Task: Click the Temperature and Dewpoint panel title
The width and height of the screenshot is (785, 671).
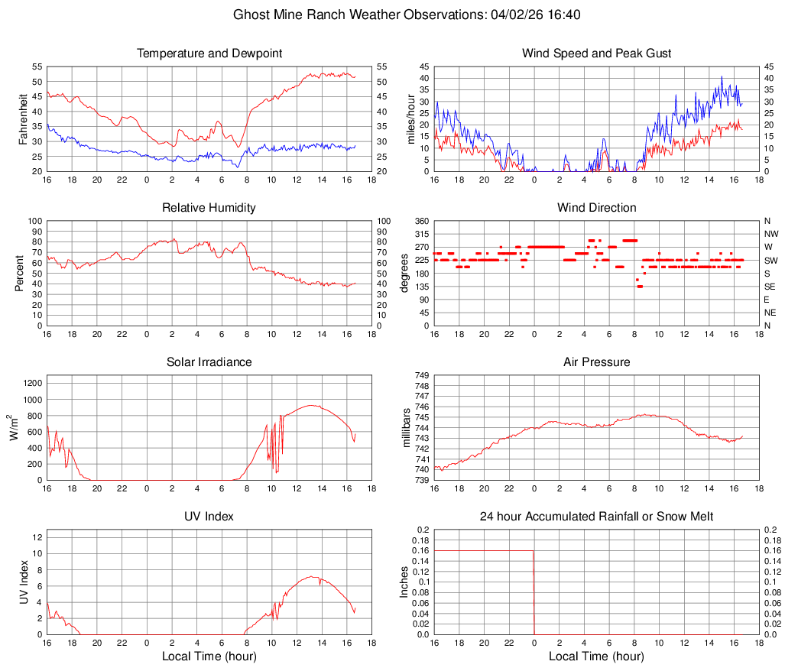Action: click(209, 53)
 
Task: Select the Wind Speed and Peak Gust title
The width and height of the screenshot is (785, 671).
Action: click(597, 53)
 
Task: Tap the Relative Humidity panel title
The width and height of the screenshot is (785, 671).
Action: click(209, 208)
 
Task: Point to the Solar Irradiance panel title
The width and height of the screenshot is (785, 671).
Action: click(209, 362)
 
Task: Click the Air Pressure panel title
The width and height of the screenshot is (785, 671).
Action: click(597, 362)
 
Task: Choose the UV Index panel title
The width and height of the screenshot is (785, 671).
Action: click(209, 517)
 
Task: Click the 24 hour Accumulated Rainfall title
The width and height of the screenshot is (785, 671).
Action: click(597, 517)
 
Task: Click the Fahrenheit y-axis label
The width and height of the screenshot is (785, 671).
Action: click(24, 118)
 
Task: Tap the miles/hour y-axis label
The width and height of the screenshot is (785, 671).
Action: click(410, 118)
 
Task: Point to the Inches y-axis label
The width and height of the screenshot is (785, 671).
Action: click(405, 582)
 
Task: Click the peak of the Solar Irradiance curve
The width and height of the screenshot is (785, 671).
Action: click(311, 405)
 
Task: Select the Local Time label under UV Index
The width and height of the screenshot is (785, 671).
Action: click(209, 656)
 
